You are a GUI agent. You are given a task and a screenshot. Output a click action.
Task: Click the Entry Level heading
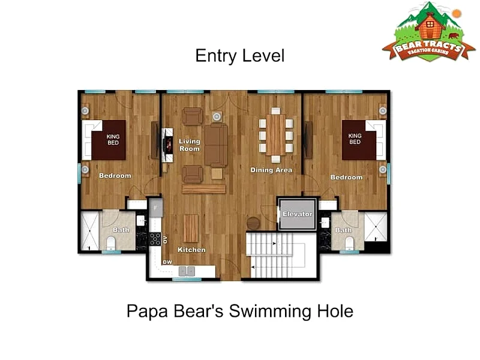(240, 56)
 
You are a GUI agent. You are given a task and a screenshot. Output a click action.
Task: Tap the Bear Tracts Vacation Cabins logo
(428, 32)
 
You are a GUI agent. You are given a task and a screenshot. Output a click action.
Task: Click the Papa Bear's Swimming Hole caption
(240, 311)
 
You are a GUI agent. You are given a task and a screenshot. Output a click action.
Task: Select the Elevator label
(297, 214)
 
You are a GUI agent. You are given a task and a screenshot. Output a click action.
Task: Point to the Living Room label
(190, 145)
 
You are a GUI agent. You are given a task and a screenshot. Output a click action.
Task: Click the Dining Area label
(271, 170)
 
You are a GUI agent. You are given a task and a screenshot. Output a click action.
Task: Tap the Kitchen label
(191, 250)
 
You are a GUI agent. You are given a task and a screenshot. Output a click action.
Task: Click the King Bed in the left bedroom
(109, 140)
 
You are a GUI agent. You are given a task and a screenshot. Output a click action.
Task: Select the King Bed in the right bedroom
(359, 140)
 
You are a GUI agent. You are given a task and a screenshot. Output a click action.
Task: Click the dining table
(276, 134)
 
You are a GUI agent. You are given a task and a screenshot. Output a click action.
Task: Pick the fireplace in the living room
(167, 145)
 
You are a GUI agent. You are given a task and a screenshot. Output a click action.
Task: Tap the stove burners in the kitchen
(155, 239)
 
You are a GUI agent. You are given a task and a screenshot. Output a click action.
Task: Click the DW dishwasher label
(167, 262)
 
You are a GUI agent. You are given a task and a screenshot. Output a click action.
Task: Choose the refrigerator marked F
(156, 208)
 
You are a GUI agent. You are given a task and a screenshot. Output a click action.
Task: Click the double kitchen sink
(187, 271)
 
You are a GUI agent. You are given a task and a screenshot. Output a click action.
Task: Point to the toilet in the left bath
(111, 244)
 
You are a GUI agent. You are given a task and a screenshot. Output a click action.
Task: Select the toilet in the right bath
(349, 244)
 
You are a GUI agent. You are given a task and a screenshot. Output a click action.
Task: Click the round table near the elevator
(253, 223)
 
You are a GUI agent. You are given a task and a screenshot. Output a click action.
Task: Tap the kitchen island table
(191, 229)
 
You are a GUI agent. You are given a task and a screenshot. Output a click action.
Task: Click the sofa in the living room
(216, 145)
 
